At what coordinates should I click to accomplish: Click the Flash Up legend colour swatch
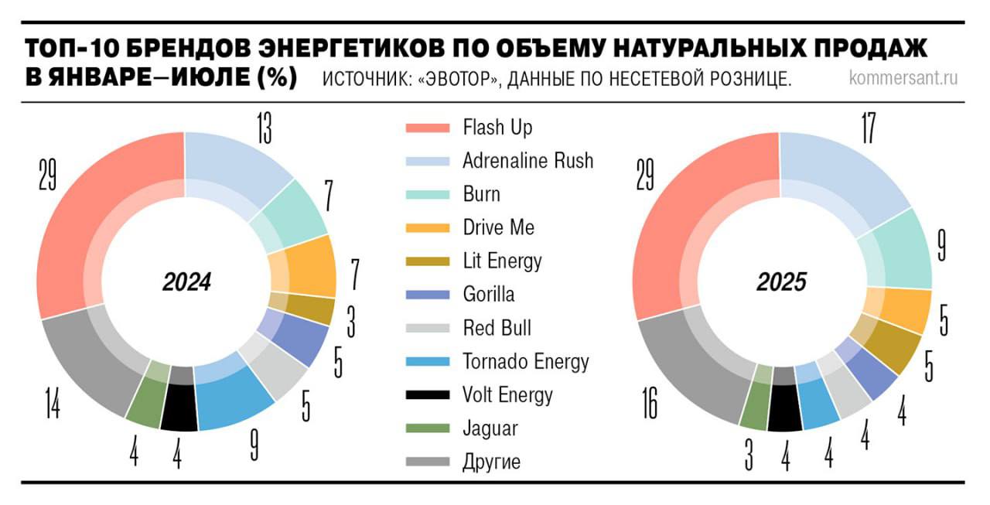(428, 128)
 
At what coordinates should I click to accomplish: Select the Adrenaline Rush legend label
(527, 161)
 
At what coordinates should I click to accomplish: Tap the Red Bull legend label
(497, 328)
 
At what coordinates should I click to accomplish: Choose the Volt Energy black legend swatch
(428, 395)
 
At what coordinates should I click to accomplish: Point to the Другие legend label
(491, 462)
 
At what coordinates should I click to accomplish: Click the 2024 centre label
(186, 282)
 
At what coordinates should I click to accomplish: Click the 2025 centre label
(781, 282)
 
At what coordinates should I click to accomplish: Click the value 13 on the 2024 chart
(264, 128)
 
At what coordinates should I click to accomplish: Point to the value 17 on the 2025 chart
(867, 128)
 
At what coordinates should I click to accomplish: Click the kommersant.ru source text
(903, 79)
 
